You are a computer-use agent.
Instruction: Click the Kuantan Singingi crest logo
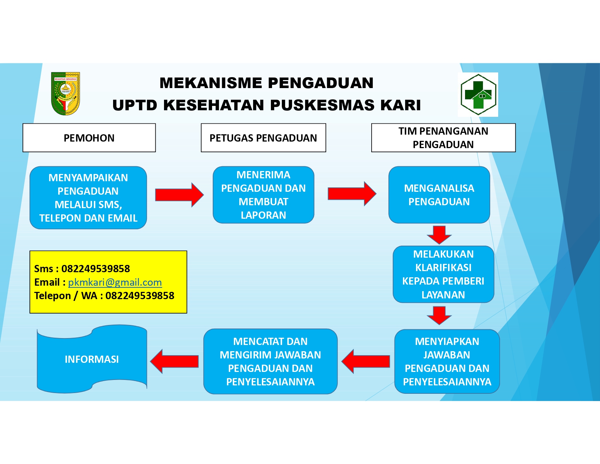[65, 94]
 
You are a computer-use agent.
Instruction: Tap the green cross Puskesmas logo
[478, 95]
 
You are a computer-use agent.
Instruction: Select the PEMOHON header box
[89, 138]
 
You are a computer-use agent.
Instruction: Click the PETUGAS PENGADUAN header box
[263, 138]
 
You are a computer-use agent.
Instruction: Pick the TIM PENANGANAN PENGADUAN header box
[443, 138]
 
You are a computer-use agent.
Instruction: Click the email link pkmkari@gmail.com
[115, 282]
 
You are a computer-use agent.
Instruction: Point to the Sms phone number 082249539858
[96, 269]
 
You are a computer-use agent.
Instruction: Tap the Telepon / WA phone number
[140, 296]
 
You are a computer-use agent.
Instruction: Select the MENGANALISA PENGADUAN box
[439, 195]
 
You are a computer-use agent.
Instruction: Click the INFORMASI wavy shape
[92, 359]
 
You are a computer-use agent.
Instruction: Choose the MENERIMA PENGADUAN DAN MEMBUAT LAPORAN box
[263, 195]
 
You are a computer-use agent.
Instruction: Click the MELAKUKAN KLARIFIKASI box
[443, 274]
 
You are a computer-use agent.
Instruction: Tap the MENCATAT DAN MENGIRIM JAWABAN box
[270, 361]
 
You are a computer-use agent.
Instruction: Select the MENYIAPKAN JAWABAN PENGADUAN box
[447, 361]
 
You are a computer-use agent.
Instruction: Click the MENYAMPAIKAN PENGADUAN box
[88, 198]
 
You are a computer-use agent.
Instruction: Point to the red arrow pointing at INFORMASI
[175, 361]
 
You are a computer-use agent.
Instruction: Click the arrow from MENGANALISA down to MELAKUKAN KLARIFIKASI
[439, 234]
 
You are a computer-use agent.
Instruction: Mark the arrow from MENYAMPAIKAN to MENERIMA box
[179, 195]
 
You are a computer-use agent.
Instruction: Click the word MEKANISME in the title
[211, 83]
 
